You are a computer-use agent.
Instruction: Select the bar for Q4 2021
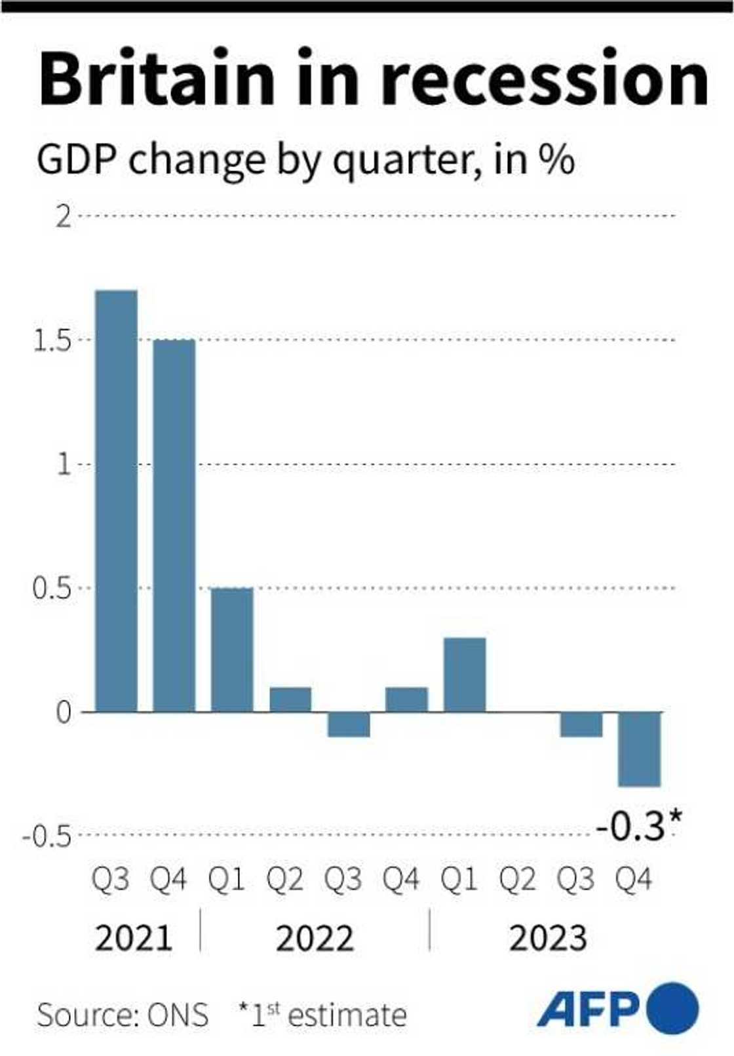coord(174,525)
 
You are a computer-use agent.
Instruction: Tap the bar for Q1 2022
coord(231,649)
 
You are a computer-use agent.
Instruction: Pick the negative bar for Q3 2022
coord(349,724)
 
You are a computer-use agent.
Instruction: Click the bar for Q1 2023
coord(465,674)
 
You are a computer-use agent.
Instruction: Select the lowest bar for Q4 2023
coord(640,749)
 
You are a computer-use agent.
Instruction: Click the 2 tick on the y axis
coord(64,216)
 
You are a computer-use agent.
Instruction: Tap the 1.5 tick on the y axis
coord(52,341)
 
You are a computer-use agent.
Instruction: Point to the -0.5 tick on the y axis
coord(46,837)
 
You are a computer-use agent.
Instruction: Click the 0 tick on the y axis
coord(64,713)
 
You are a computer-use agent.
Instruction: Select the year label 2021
coord(134,938)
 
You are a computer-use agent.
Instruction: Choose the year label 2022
coord(315,938)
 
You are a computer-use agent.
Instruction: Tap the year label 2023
coord(548,938)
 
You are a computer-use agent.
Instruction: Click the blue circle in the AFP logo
coord(672,1008)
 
